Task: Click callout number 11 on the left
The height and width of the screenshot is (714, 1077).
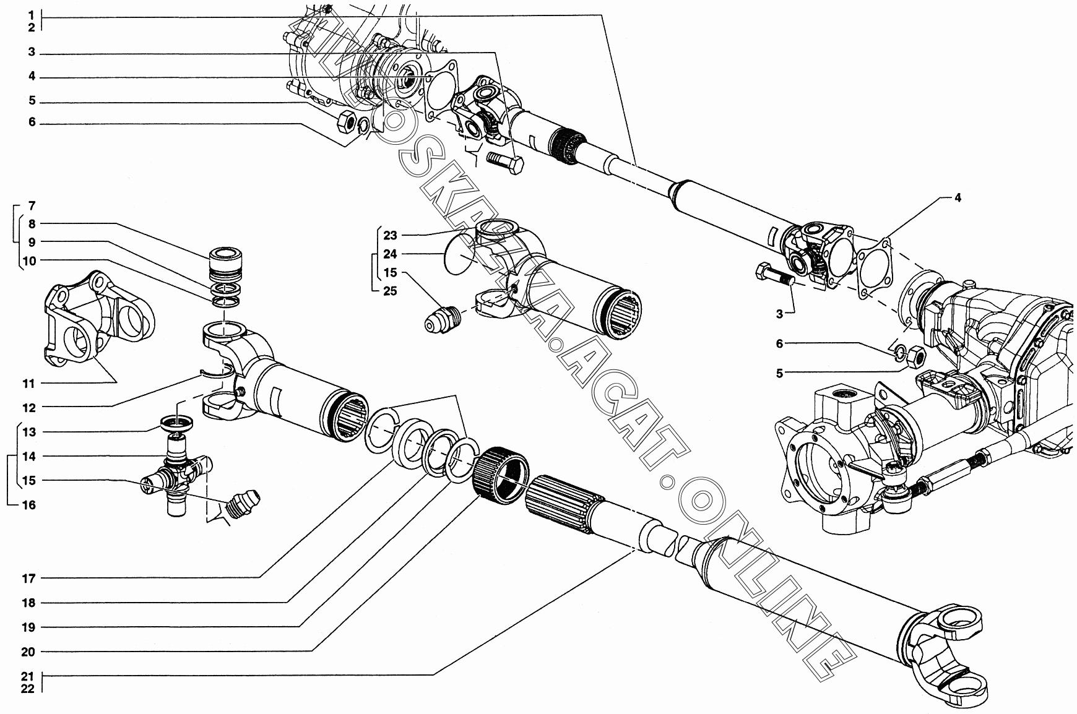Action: pyautogui.click(x=29, y=384)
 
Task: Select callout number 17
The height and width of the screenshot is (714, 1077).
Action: pyautogui.click(x=29, y=579)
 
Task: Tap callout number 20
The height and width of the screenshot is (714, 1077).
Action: pyautogui.click(x=29, y=652)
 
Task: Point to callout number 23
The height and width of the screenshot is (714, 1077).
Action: pyautogui.click(x=389, y=235)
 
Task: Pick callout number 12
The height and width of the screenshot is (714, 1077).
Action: pyautogui.click(x=29, y=408)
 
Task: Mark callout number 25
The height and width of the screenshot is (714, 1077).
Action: pyautogui.click(x=389, y=291)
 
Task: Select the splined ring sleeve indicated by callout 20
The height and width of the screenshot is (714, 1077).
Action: pyautogui.click(x=502, y=475)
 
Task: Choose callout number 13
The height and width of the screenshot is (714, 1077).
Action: pyautogui.click(x=29, y=432)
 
